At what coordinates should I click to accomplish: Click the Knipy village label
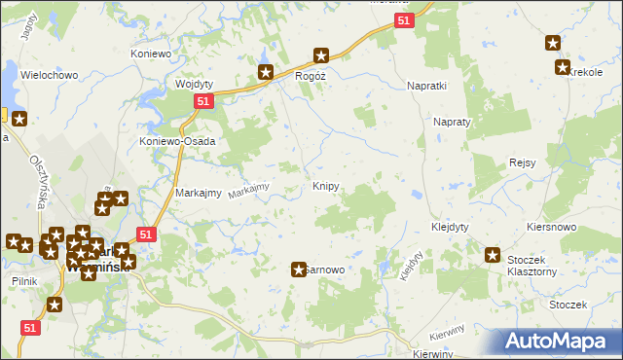(325, 185)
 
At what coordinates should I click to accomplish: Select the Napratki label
(425, 86)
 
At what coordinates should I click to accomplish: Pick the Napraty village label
(452, 124)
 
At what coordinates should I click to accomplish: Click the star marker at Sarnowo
(299, 269)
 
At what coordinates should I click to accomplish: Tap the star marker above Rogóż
(320, 56)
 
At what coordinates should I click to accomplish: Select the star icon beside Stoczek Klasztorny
(493, 255)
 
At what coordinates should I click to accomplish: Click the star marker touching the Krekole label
(562, 67)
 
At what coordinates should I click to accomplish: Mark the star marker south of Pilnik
(55, 305)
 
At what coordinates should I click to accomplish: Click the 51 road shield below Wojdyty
(202, 101)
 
